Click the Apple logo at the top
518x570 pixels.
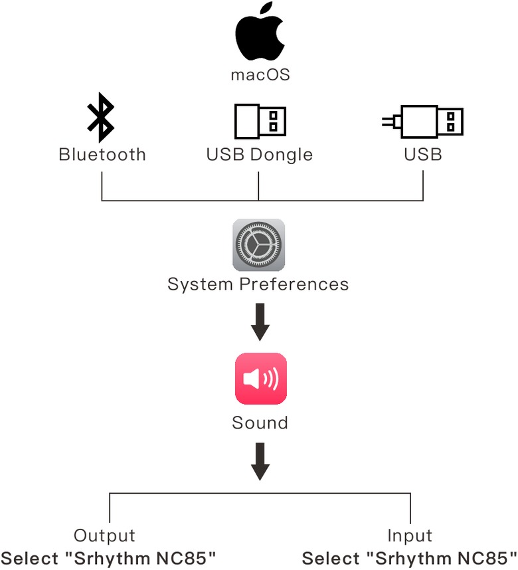(260, 33)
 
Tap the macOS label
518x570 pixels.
(260, 74)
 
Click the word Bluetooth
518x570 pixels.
(102, 155)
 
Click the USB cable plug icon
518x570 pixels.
(423, 121)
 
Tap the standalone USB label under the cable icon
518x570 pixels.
(423, 155)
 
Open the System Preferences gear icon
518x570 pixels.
(258, 244)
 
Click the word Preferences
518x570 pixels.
(294, 285)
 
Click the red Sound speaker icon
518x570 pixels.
(260, 379)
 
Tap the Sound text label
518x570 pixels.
(260, 423)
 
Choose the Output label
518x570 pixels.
(104, 536)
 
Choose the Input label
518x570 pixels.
(410, 536)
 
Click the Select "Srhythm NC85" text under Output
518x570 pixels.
(109, 557)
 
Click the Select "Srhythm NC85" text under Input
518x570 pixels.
(410, 557)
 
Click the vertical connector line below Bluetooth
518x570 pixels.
(102, 186)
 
